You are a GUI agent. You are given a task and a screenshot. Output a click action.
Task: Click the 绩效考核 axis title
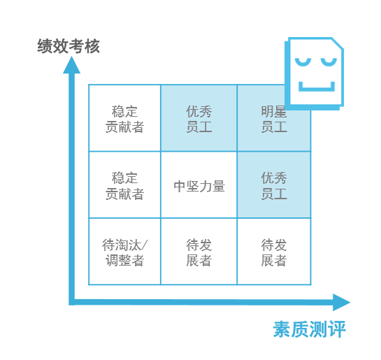[69, 46]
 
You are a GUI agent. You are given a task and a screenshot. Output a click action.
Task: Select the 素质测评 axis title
[309, 329]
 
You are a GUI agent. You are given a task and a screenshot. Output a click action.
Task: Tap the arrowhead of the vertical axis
[72, 65]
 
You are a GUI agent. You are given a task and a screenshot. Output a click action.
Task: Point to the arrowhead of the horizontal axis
[341, 303]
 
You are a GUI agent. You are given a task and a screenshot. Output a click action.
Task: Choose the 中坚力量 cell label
[199, 187]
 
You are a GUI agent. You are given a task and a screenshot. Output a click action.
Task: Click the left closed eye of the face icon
[303, 62]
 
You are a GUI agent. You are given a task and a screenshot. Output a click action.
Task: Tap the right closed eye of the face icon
[329, 62]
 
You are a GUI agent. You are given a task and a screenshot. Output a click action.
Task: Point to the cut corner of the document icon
[337, 43]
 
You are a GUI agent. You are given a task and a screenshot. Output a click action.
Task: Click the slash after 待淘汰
[144, 245]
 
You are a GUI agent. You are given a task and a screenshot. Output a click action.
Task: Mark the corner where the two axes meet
[72, 302]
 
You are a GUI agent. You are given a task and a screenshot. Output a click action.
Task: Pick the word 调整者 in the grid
[124, 261]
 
